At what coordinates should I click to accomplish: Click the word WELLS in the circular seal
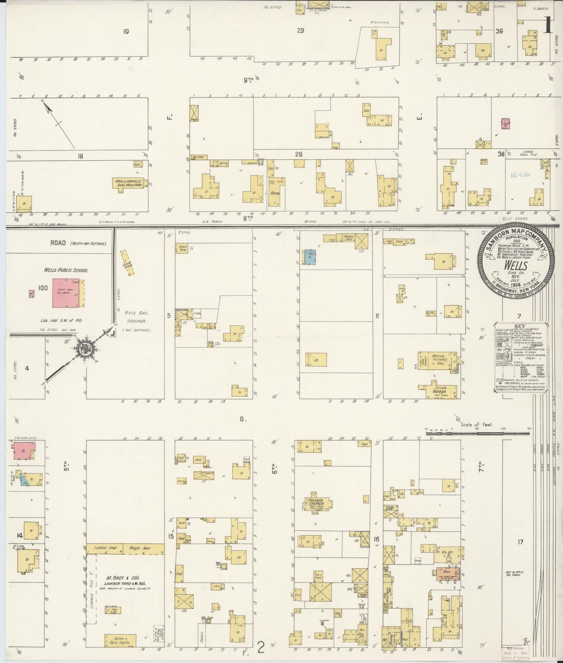516,265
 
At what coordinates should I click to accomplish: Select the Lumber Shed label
102,548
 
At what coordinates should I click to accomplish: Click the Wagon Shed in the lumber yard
141,548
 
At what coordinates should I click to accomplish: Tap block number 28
298,155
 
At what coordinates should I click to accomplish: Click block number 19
125,32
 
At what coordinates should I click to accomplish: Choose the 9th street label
248,80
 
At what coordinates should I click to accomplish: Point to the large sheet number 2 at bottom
261,648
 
